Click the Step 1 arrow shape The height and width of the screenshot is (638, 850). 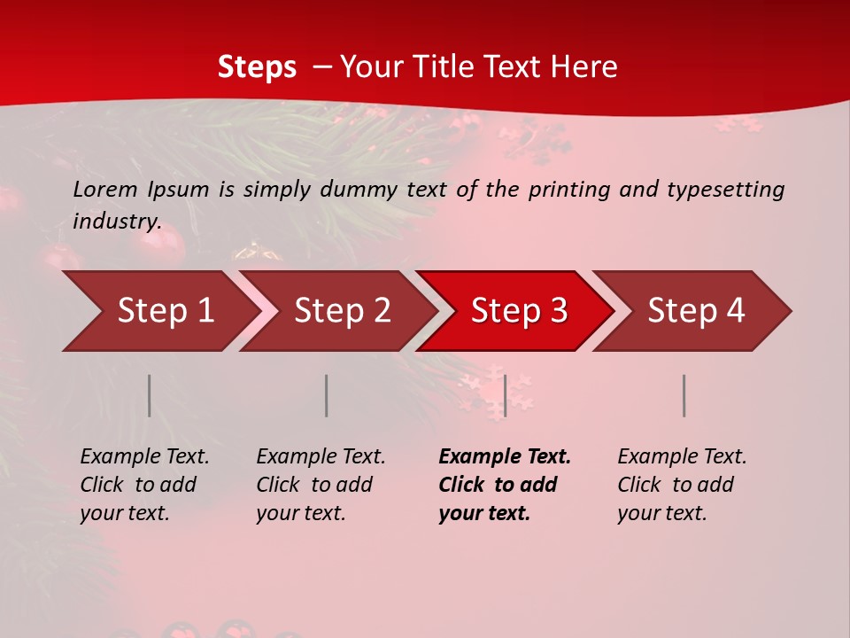coord(159,311)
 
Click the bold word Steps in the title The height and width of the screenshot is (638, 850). coord(257,66)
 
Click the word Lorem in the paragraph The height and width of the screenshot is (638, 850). coord(104,189)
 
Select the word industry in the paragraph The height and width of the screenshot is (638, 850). coord(116,221)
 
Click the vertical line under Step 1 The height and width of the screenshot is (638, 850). coord(150,395)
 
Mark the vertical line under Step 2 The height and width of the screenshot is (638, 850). coord(327,395)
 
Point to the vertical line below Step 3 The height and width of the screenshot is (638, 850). coord(505,395)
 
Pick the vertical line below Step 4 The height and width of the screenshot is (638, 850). coord(684,395)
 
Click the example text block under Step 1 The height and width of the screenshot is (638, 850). coord(144,485)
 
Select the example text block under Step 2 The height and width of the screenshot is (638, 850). coord(321,485)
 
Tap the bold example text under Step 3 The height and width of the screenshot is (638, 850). coord(505,485)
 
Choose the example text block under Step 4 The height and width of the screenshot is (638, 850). coord(682,485)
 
